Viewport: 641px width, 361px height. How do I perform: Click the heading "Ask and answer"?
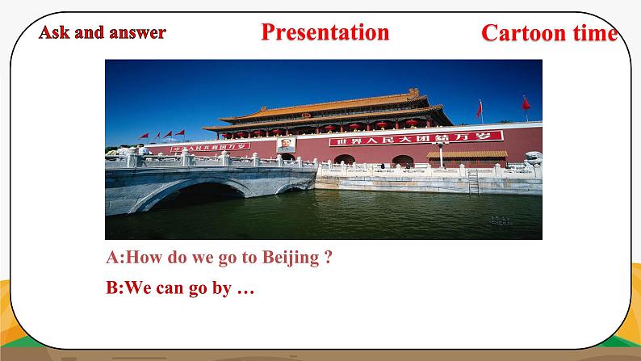(103, 32)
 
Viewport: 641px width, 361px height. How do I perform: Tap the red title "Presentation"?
(325, 32)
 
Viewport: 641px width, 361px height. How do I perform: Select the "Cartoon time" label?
(549, 33)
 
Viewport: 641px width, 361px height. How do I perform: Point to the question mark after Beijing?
(328, 258)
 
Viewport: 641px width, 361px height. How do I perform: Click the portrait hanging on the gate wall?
(285, 145)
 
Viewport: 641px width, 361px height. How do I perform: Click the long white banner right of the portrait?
(415, 138)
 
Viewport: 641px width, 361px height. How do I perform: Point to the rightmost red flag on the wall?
(525, 103)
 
